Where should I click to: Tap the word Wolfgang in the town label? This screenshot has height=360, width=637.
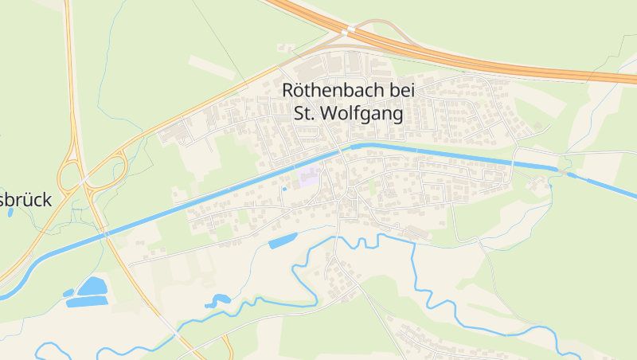click(363, 113)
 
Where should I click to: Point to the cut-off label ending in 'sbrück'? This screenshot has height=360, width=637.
click(25, 200)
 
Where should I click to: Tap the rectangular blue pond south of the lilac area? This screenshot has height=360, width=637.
click(283, 241)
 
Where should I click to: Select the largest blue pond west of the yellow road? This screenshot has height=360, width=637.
click(92, 286)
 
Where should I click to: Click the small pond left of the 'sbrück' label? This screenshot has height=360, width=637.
click(10, 213)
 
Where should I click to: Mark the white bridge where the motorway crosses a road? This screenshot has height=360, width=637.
click(348, 32)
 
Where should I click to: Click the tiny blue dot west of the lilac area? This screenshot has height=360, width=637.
click(284, 190)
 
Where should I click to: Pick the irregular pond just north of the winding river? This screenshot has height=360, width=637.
click(217, 301)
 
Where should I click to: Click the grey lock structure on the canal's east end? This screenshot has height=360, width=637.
click(565, 171)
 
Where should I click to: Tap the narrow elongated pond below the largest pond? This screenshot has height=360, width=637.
click(86, 302)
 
